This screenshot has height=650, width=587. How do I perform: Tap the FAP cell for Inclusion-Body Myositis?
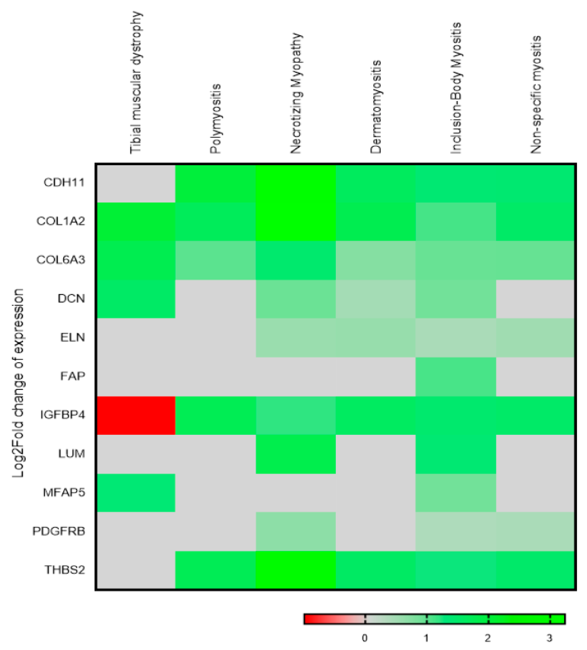[x=456, y=377]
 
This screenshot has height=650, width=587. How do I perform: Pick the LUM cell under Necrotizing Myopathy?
[x=296, y=454]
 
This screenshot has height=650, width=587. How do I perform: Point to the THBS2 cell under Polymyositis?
[x=215, y=570]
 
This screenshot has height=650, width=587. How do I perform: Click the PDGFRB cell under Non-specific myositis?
[x=535, y=531]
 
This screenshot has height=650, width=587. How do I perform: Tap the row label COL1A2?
[x=61, y=221]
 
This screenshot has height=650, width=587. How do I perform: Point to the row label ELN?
[x=73, y=338]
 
